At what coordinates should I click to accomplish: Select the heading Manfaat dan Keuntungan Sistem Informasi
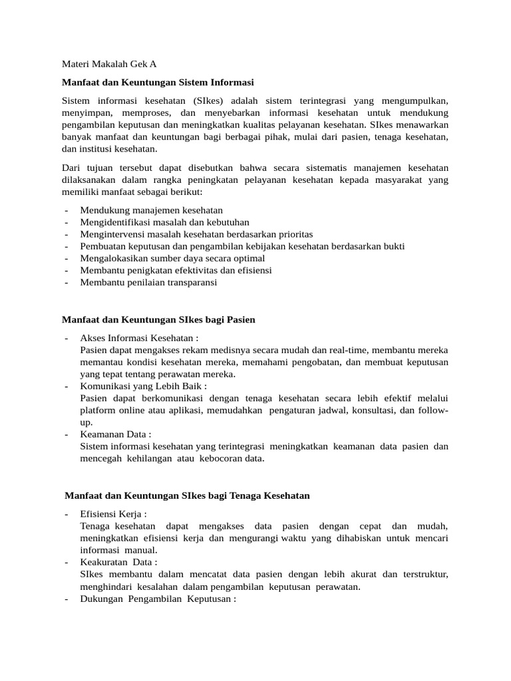158,82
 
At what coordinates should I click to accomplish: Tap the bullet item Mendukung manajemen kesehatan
151,210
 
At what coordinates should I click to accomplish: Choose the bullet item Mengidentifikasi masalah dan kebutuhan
164,222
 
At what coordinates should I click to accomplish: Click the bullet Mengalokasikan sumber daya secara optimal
172,258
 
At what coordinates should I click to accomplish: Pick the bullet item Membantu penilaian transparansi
148,282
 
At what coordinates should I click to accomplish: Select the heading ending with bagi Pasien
158,320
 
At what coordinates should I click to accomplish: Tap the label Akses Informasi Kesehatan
139,338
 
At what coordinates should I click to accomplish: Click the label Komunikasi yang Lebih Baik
143,386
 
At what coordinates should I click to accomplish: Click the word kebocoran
213,458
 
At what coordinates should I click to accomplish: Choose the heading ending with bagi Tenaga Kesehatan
187,495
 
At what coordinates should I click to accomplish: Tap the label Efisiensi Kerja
113,514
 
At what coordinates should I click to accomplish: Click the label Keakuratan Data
118,562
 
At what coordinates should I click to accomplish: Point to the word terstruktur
425,574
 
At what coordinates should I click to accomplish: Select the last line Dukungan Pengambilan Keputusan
158,598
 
